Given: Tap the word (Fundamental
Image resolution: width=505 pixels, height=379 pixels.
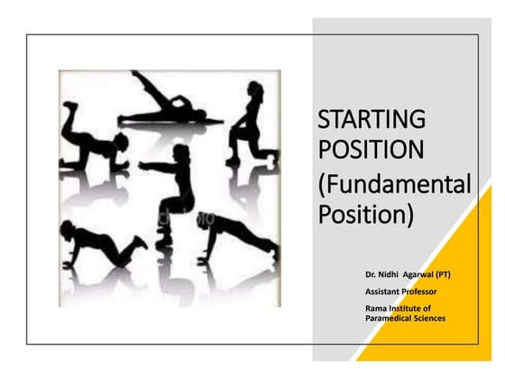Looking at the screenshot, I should (395, 186).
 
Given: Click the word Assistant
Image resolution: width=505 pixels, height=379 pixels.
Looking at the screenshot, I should (385, 291).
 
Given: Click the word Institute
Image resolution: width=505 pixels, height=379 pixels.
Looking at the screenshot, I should (409, 309).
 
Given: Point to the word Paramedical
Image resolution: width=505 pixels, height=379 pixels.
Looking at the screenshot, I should (390, 318).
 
